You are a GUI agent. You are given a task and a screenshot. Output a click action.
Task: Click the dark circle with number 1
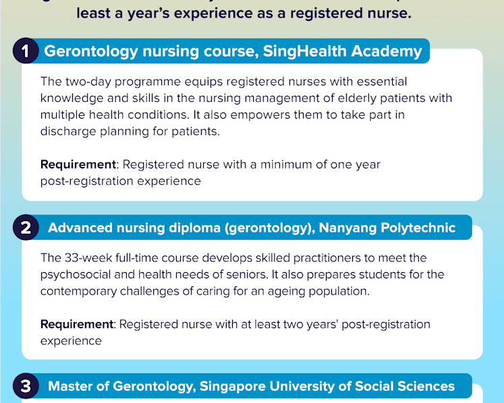coord(26,51)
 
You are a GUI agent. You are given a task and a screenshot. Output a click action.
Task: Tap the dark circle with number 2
coord(26,227)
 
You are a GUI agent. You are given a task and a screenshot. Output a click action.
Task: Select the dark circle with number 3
coord(26,385)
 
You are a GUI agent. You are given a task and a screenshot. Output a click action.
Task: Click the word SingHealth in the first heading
coord(305,51)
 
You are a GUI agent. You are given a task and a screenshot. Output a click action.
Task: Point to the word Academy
coord(387,51)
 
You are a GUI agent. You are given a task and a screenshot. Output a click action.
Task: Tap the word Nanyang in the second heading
coord(347,228)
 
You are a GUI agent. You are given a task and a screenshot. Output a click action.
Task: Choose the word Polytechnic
coord(418,228)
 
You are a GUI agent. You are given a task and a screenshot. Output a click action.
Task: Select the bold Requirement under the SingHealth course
coord(78,164)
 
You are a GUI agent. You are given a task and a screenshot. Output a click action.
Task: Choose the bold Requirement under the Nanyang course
coord(77,324)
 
